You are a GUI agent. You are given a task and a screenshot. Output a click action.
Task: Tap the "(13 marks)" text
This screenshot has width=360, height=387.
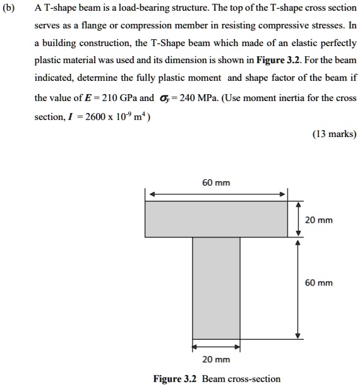pos(334,134)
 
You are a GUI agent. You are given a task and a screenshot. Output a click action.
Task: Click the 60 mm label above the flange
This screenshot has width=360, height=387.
pos(216,182)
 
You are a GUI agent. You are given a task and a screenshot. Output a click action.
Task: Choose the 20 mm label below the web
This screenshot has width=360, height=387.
pos(216,359)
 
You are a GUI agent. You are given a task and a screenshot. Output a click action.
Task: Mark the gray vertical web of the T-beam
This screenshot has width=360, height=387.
pos(216,287)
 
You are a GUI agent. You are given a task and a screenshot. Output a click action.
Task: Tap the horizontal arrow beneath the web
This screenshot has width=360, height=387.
pos(216,346)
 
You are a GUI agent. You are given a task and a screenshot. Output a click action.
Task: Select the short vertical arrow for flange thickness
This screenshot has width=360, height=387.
pos(298,218)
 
